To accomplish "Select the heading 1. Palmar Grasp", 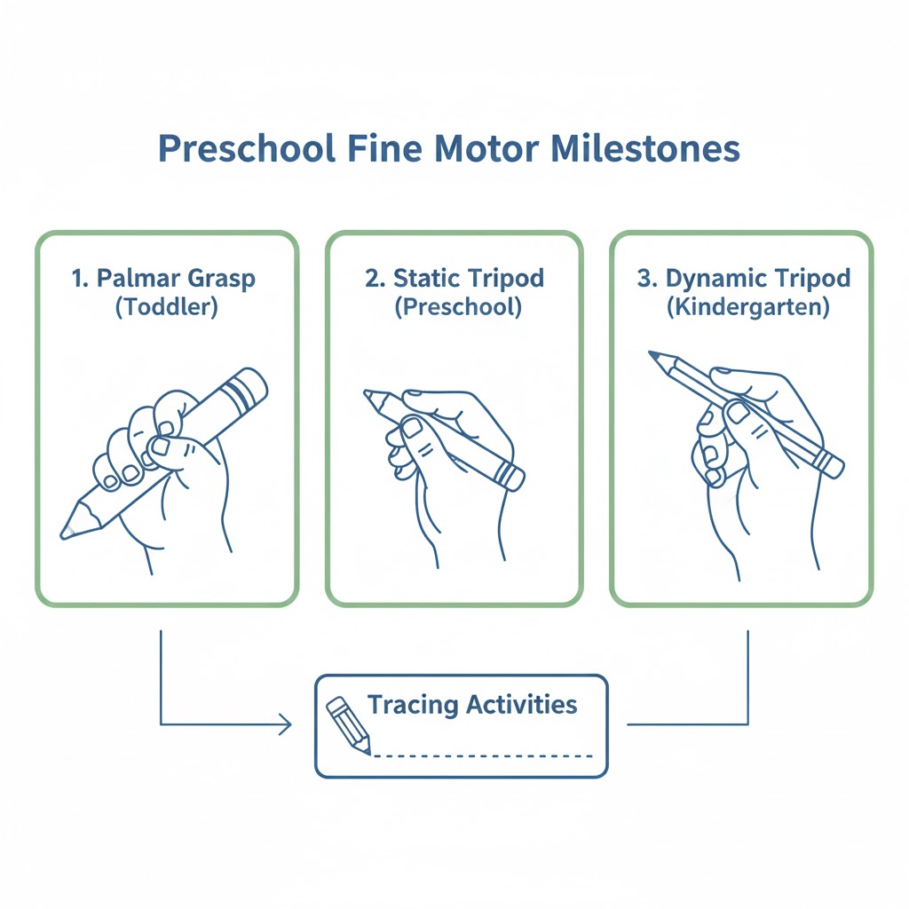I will coord(163,278).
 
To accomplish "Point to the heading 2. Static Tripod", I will coord(454,278).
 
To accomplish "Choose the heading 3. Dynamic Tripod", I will coord(744,278).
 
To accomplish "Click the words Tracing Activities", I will coord(472,706).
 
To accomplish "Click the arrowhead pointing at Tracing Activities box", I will coord(286,724).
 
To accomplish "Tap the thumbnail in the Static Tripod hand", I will coord(412,428).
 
